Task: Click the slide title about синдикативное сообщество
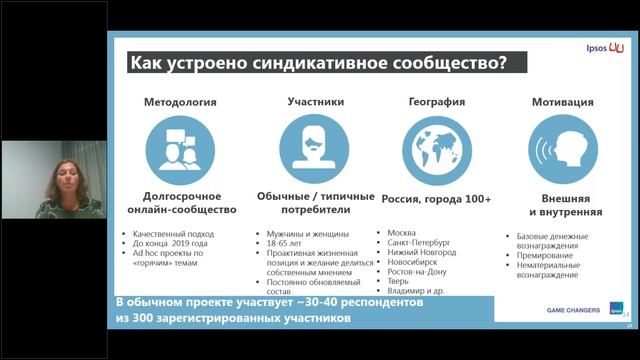318,63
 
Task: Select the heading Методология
180,101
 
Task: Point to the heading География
436,101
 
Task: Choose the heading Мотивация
563,101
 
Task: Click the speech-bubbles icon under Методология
180,148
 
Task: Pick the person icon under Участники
315,148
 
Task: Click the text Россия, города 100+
437,199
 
